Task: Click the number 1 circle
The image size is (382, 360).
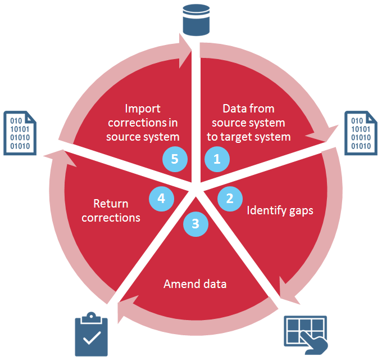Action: [x=217, y=159]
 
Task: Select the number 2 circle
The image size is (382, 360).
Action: [x=230, y=199]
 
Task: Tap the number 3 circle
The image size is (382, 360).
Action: [x=195, y=224]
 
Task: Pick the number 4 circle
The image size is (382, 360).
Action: [x=161, y=199]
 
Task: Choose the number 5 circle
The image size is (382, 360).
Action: [x=175, y=159]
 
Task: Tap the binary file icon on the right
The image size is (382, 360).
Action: [x=358, y=132]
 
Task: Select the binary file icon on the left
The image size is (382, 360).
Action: [x=20, y=132]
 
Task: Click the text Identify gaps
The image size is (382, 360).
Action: [x=280, y=211]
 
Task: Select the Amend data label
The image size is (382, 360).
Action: [x=195, y=284]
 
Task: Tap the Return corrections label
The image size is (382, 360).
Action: [x=111, y=209]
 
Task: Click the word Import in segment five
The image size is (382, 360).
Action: [x=143, y=109]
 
